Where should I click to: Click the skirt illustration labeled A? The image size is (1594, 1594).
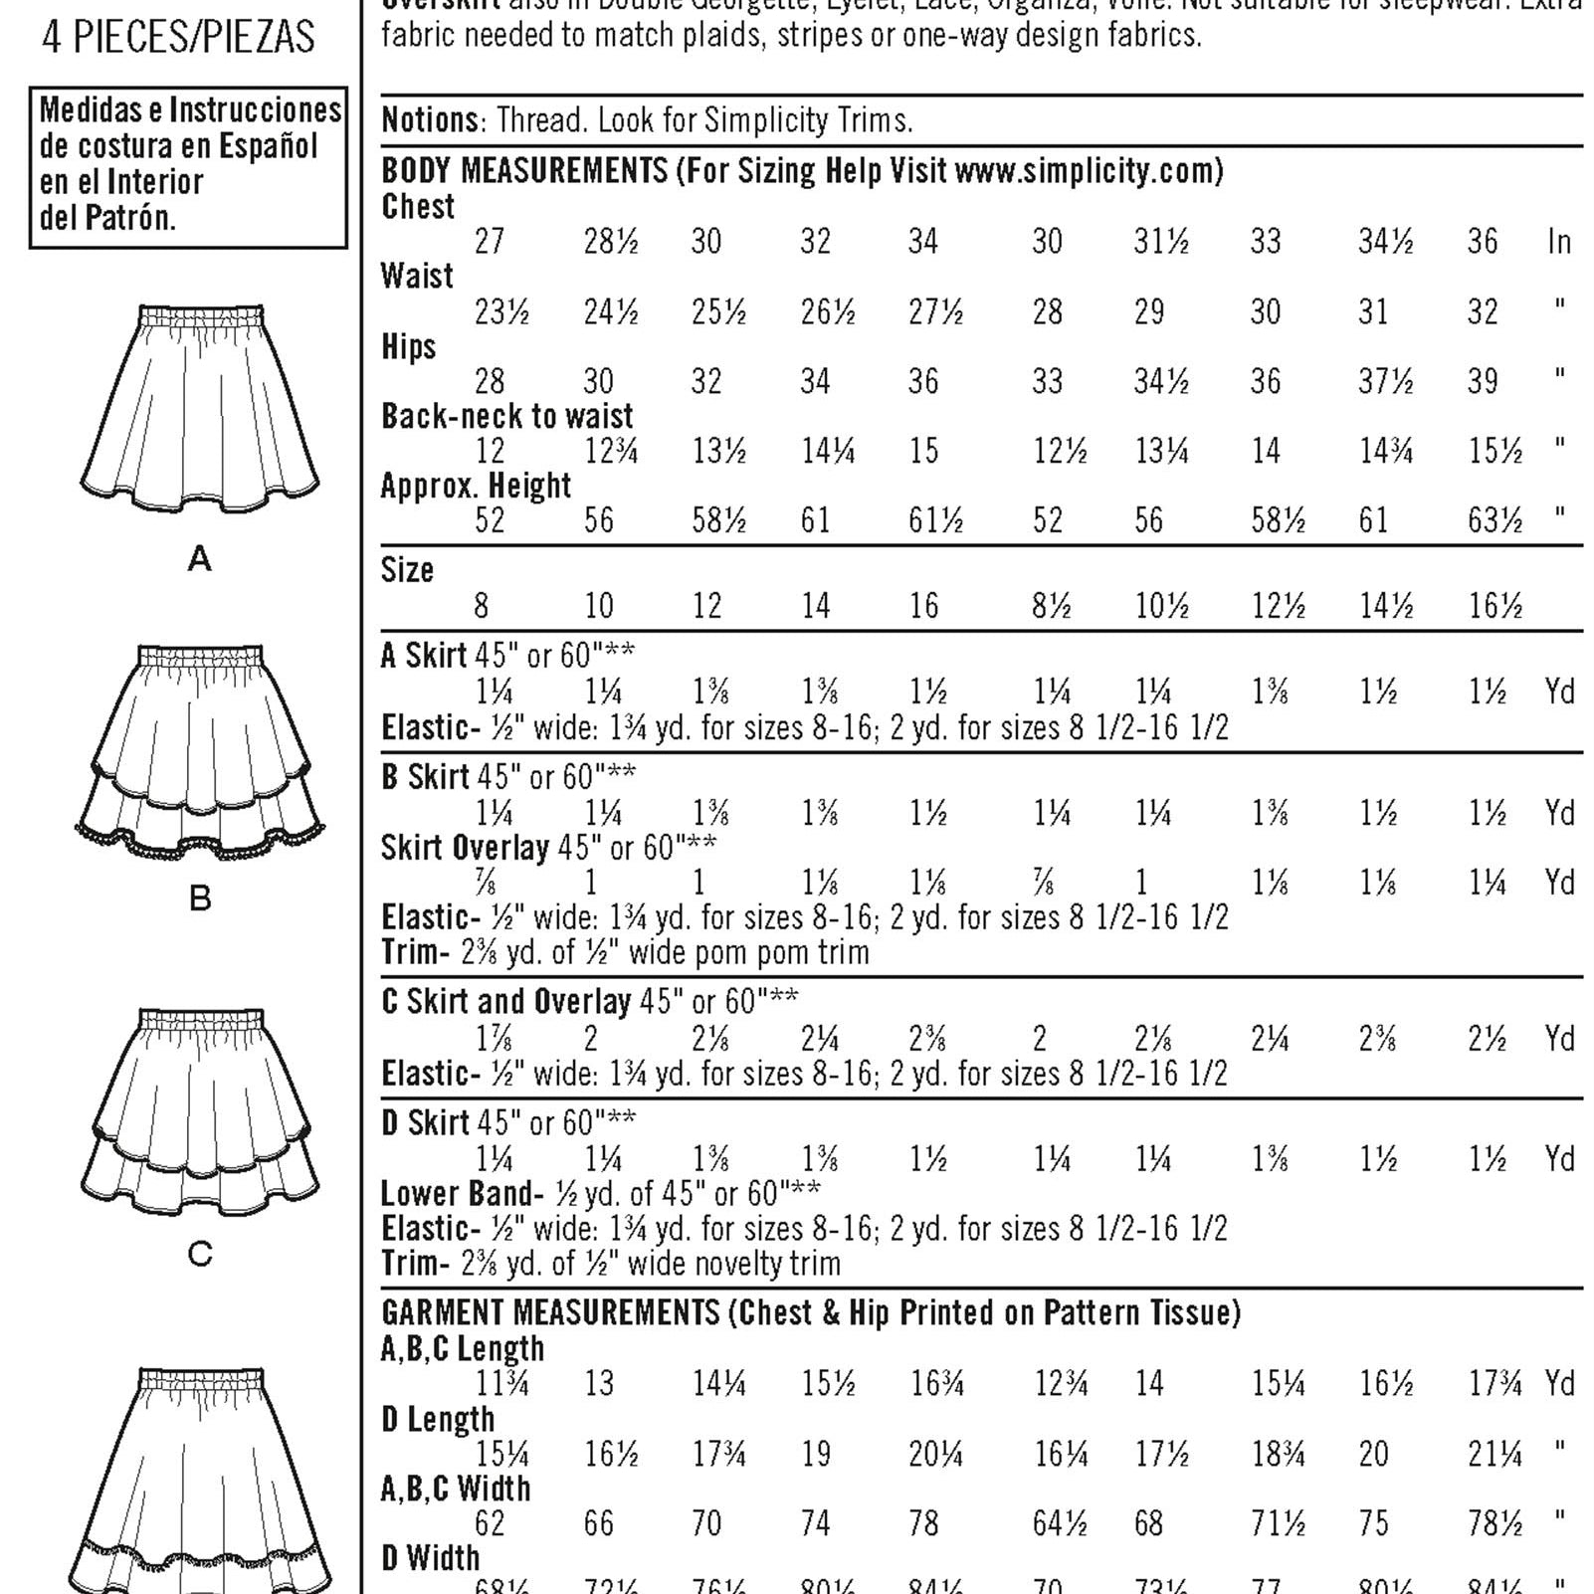tap(199, 408)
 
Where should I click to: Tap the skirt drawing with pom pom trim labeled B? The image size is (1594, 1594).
tap(199, 741)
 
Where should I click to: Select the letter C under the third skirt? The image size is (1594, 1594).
tap(200, 1254)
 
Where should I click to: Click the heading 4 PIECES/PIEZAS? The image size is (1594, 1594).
tap(178, 38)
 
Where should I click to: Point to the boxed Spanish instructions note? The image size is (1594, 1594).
tap(188, 164)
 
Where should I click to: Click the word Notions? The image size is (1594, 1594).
tap(430, 120)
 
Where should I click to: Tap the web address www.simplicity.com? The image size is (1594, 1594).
tap(1088, 171)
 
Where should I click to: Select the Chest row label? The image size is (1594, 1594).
tap(418, 207)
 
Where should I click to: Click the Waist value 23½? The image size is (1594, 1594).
tap(501, 312)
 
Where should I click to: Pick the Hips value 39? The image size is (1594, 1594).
tap(1483, 381)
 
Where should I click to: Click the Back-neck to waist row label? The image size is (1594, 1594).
tap(506, 416)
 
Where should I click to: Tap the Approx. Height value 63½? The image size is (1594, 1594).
tap(1494, 520)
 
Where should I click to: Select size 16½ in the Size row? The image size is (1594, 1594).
tap(1495, 606)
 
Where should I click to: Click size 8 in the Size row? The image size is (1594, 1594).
tap(482, 606)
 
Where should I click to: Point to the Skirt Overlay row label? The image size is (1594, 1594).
tap(465, 848)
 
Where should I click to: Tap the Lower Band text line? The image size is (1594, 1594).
tap(600, 1193)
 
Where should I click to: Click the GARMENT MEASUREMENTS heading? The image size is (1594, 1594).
tap(549, 1313)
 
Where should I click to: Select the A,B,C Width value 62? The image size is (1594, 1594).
tap(490, 1523)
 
